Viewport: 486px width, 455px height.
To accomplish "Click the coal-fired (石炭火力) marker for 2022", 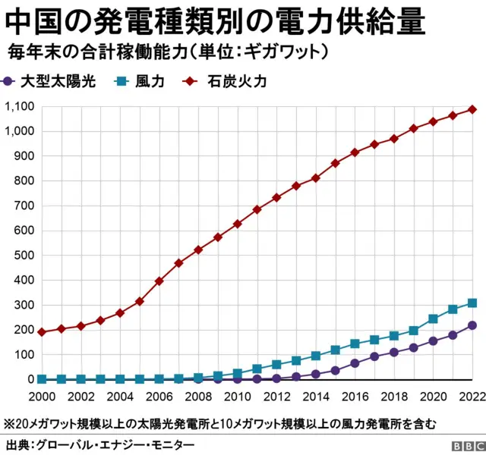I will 472,109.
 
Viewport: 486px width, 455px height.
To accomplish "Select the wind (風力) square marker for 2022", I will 472,303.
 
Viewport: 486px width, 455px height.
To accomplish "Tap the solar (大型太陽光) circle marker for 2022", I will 472,325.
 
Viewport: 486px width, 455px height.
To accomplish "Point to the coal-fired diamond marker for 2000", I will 42,332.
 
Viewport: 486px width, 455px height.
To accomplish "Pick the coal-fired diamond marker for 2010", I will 238,224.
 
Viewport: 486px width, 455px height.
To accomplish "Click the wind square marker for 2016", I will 355,344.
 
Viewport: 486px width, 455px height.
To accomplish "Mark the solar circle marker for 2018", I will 394,352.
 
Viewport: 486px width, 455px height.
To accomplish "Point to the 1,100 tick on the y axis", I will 18,106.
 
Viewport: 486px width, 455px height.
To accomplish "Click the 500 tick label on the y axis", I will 24,255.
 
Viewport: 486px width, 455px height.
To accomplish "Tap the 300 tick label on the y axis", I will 24,305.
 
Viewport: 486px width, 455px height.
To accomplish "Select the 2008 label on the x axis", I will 197,397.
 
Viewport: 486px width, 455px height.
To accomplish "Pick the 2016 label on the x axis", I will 355,397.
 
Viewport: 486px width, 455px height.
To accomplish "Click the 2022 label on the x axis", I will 471,397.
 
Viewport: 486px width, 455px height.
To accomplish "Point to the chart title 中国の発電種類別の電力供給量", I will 213,23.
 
